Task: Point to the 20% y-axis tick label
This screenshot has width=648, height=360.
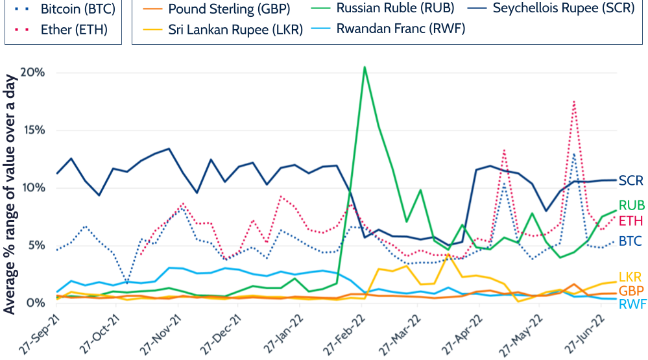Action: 32,72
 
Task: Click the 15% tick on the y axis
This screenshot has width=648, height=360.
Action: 32,130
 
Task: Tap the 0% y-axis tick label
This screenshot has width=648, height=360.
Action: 36,303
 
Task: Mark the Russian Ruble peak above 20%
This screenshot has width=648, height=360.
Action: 365,67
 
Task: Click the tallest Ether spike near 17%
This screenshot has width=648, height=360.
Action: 574,101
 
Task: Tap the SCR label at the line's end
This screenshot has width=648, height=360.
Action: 631,181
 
